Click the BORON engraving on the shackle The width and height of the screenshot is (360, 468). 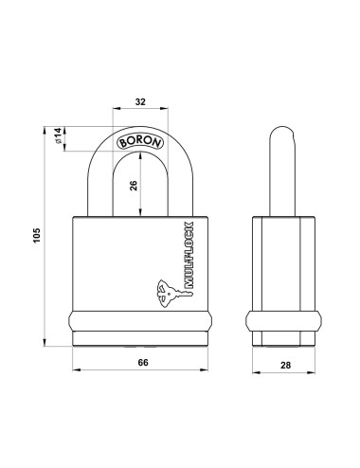(139, 143)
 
